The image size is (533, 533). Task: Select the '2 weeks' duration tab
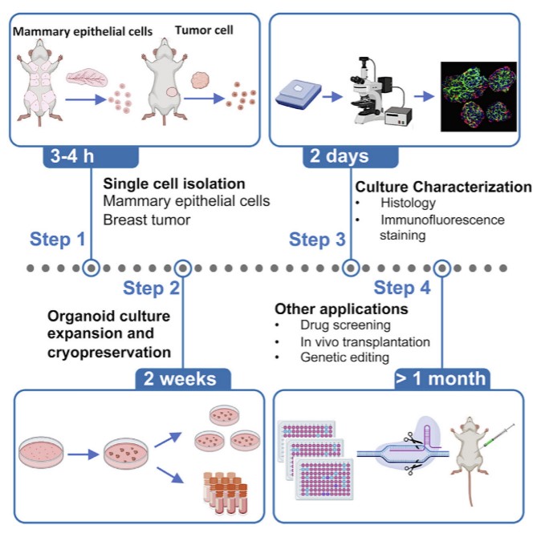[185, 378]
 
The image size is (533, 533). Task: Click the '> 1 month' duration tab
[441, 378]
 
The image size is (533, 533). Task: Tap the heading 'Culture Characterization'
[443, 187]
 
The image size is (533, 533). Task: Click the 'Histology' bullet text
[398, 204]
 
